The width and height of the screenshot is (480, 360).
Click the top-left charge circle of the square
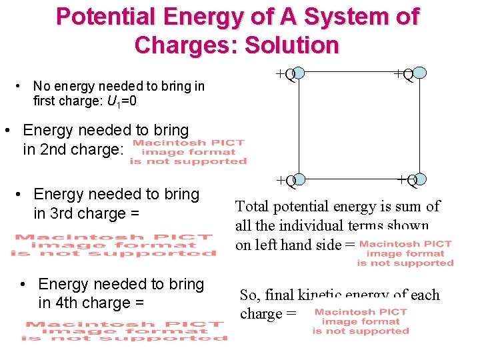(x=299, y=73)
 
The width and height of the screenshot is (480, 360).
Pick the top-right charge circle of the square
(x=420, y=73)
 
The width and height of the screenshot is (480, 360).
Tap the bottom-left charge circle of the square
(x=299, y=179)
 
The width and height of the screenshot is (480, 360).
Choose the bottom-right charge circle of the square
(x=420, y=179)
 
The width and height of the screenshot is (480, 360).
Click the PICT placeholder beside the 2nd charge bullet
(x=188, y=152)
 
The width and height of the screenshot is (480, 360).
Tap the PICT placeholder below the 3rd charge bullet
(x=114, y=244)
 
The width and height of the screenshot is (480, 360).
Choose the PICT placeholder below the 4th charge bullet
(x=124, y=331)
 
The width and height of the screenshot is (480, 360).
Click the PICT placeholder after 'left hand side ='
(x=405, y=253)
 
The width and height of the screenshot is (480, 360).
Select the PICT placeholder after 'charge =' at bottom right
(x=360, y=321)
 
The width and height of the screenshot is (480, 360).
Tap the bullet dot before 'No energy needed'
(x=20, y=86)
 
